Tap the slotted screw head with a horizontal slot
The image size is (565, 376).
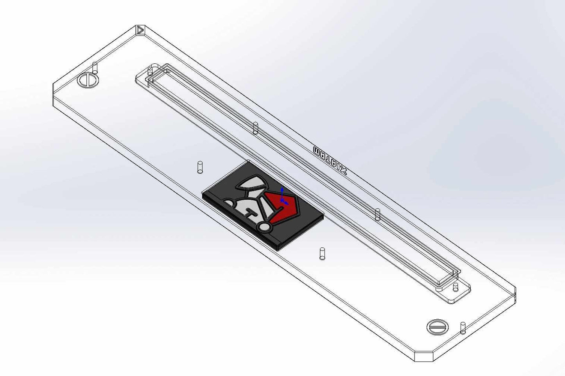pos(437,326)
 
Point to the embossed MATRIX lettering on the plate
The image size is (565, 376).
pos(330,161)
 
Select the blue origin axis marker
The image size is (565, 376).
pos(282,197)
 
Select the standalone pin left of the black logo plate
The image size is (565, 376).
pos(200,167)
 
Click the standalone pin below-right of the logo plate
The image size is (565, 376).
pos(322,253)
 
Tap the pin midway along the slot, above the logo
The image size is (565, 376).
pos(255,128)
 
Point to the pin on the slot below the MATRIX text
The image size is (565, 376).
pos(377,214)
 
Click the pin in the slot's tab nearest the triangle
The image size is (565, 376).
pos(150,72)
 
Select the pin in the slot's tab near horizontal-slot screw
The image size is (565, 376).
pos(455,287)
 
